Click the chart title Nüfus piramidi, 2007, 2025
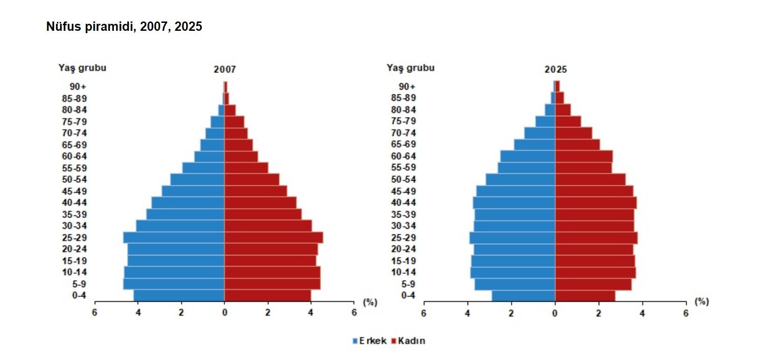(124, 27)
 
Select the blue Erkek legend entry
(369, 341)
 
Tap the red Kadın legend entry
(408, 341)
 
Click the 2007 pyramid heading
(224, 70)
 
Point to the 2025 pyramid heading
(555, 70)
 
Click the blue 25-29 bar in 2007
(174, 238)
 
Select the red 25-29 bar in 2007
(273, 238)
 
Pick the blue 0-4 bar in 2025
(523, 296)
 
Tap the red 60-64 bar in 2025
(583, 156)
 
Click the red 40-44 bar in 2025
(596, 203)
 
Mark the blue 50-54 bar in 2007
(197, 180)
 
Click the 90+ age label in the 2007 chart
(78, 87)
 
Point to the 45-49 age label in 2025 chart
(403, 191)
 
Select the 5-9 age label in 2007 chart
(79, 284)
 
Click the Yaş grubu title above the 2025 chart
(410, 68)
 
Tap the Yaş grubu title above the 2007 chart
(82, 68)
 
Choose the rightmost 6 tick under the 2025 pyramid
(686, 313)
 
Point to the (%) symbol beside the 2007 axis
(370, 302)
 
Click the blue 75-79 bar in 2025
(545, 121)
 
